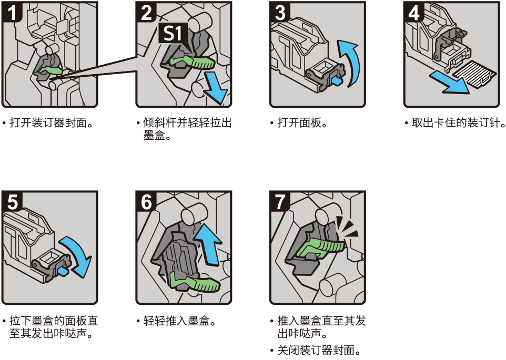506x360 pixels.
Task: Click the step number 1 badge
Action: [x=12, y=12]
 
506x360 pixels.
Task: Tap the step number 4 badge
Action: [x=413, y=12]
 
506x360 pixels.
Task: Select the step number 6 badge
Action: [x=146, y=202]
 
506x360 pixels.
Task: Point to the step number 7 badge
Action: [x=279, y=202]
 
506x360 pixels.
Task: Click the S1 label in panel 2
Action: [x=173, y=33]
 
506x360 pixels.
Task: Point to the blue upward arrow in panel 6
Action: [x=208, y=244]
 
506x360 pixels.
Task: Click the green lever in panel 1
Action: [x=49, y=71]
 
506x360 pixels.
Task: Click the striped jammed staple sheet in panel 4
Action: [x=474, y=74]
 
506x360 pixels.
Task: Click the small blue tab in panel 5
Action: [x=63, y=272]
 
